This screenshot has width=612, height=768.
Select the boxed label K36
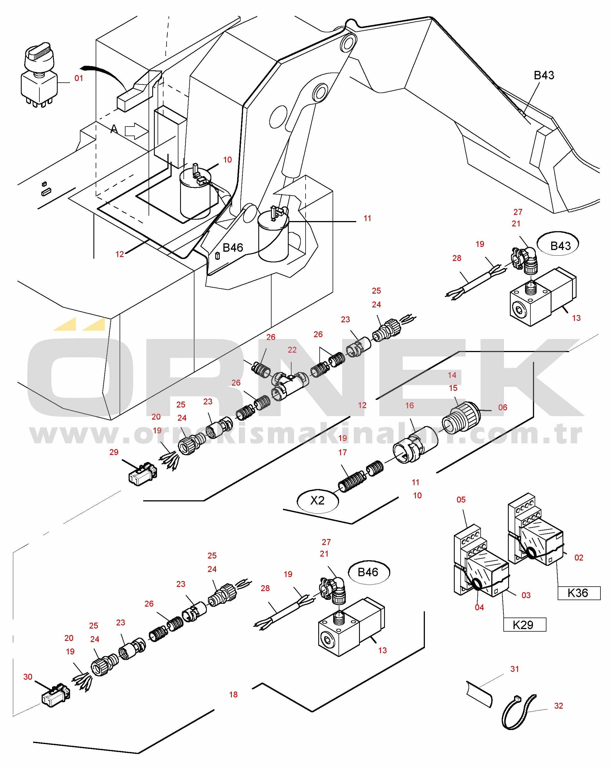(578, 593)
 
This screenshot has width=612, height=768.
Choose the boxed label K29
(524, 625)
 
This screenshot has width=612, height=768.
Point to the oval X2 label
(317, 501)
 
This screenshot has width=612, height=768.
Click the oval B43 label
(560, 246)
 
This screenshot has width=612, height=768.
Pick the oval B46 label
(368, 572)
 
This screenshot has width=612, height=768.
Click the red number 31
(514, 669)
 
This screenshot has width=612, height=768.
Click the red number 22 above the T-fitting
(292, 350)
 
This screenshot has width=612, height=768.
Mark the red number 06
(502, 407)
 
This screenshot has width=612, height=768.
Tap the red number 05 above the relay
(461, 499)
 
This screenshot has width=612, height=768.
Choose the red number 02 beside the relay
(579, 557)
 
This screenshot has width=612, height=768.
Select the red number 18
(233, 694)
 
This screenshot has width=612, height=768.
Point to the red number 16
(409, 406)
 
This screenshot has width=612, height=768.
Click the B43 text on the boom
(544, 75)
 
